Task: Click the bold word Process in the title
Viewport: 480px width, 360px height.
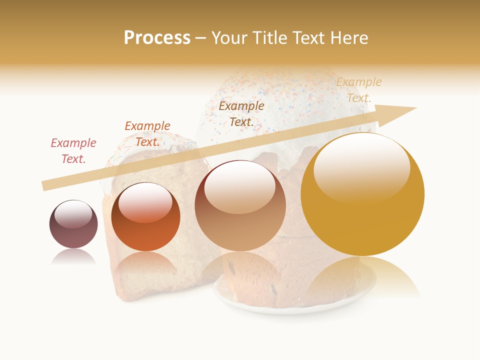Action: pyautogui.click(x=157, y=38)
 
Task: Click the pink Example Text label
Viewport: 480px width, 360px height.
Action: pyautogui.click(x=73, y=150)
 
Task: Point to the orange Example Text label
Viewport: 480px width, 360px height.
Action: pyautogui.click(x=147, y=133)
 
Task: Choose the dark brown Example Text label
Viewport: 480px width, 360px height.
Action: pyautogui.click(x=241, y=113)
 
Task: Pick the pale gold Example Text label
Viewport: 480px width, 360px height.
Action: pyautogui.click(x=358, y=90)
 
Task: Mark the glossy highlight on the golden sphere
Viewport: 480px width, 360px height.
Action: pyautogui.click(x=362, y=167)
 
